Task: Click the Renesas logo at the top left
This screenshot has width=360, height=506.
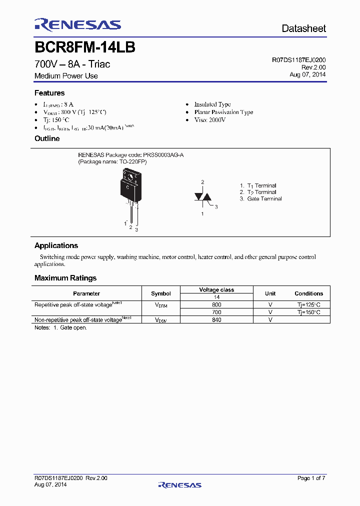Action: (77, 25)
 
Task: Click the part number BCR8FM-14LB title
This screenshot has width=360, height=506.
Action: (85, 47)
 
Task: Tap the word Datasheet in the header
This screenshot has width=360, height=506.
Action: (303, 28)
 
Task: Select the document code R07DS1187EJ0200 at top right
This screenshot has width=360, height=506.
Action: (299, 59)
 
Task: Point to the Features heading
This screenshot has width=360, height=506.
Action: (49, 93)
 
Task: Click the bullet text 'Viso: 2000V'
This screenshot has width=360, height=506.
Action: (210, 120)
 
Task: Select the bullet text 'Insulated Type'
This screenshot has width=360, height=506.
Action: (212, 104)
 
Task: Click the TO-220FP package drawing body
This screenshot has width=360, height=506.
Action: (129, 186)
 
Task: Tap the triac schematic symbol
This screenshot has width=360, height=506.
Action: (203, 197)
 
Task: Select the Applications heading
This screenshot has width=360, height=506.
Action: (56, 245)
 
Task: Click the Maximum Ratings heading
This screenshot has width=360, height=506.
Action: (65, 278)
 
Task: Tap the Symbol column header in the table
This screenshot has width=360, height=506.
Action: (160, 293)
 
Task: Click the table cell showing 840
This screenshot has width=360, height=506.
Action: (216, 320)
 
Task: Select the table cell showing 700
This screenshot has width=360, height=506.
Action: (216, 312)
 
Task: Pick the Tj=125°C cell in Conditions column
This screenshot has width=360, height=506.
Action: (308, 304)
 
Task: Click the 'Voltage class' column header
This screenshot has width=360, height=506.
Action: (216, 290)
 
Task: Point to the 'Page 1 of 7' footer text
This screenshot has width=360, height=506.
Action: (311, 478)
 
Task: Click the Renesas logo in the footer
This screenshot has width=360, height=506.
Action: (179, 484)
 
